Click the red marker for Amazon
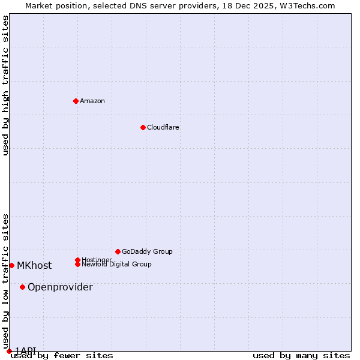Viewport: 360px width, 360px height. (76, 101)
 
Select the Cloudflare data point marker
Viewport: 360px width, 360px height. (143, 127)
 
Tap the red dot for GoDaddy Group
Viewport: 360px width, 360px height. (118, 251)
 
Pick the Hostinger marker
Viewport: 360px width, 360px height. (77, 260)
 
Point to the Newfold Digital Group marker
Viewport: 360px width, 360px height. (77, 264)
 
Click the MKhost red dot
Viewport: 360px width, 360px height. (11, 265)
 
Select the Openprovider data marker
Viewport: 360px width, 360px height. (22, 287)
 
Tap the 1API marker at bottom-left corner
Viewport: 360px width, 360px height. (9, 351)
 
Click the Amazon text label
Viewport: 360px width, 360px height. (92, 101)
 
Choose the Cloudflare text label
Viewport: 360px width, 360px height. (163, 127)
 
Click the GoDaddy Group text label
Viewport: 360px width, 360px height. (147, 251)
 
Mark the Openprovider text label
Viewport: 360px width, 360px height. (60, 287)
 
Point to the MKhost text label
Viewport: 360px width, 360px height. (34, 265)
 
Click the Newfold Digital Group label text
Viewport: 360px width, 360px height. (116, 264)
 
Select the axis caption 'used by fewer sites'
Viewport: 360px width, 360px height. (62, 356)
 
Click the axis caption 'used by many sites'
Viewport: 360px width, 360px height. (301, 356)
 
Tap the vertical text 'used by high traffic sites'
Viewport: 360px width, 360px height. (5, 85)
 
